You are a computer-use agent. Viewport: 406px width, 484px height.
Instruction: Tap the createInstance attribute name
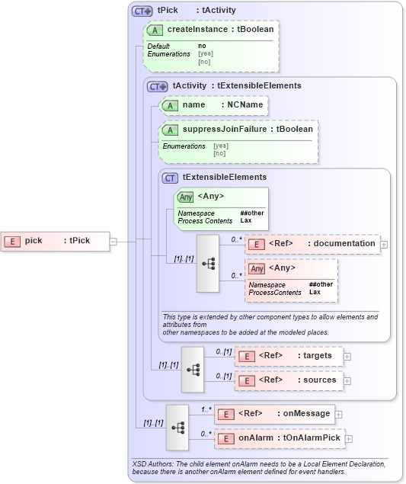197,29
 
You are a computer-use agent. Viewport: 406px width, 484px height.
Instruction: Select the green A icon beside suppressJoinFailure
171,129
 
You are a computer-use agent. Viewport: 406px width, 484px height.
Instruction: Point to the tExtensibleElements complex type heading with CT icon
213,177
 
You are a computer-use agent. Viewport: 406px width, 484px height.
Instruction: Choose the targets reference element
289,356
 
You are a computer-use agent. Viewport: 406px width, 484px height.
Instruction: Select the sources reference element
289,380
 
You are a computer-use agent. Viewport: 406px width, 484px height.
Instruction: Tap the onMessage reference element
273,414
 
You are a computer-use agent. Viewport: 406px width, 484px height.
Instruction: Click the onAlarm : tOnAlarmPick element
279,438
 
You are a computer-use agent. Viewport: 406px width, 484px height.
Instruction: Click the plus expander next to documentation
384,245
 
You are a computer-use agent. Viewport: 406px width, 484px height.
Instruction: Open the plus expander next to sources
348,380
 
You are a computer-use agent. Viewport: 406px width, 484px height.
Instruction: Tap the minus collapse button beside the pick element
113,241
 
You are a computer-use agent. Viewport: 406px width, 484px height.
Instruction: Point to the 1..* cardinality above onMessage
206,409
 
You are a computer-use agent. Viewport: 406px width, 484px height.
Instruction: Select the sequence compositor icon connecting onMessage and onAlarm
177,427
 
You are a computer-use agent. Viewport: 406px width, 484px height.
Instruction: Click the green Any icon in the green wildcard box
186,197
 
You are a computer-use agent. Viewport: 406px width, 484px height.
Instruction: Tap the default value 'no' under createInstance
202,46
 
